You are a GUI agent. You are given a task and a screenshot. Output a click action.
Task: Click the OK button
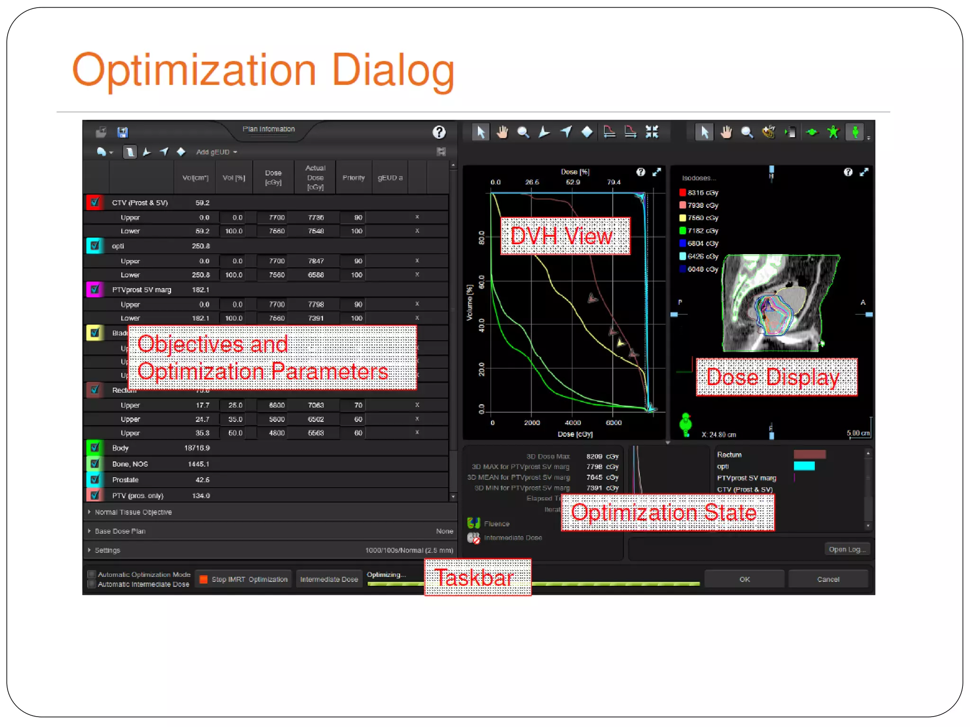(744, 579)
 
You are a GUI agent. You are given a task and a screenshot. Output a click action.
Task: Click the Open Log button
(847, 549)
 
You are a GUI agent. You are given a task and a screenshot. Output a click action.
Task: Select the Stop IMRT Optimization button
(244, 579)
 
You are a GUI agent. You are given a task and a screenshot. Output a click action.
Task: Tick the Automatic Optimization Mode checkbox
(92, 574)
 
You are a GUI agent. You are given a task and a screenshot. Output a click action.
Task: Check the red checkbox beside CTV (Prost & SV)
(95, 202)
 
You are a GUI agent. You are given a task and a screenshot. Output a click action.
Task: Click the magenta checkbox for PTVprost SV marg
(95, 289)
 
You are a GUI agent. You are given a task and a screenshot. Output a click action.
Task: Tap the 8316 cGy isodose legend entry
(699, 193)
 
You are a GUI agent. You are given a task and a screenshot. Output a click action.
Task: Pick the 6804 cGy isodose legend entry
(699, 243)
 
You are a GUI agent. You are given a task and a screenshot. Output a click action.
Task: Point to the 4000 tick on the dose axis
(573, 422)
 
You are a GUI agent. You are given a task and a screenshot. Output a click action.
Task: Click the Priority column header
(353, 177)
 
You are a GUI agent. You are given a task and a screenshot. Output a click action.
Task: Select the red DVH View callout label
(565, 236)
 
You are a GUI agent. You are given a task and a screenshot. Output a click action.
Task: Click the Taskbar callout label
(477, 577)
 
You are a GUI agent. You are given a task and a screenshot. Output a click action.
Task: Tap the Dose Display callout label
(776, 377)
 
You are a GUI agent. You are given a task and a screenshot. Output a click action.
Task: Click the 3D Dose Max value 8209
(594, 456)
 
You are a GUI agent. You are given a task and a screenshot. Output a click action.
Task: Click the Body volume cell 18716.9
(197, 448)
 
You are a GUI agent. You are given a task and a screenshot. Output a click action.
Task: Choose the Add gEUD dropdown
(216, 152)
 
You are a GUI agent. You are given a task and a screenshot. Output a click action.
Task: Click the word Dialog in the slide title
(393, 70)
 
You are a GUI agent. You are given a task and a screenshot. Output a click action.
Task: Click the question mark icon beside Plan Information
(439, 132)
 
